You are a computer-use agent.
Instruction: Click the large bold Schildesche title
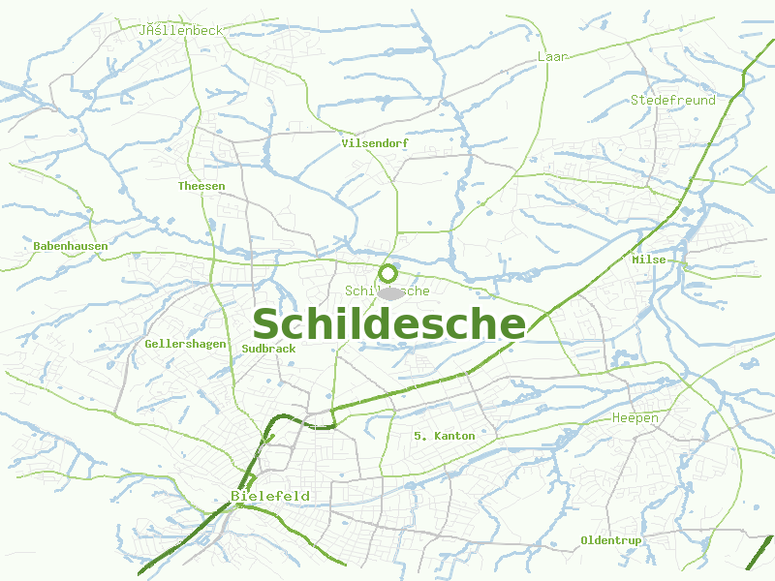[388, 324]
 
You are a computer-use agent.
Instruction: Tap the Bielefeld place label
[270, 496]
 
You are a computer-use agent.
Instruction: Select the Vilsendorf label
[375, 143]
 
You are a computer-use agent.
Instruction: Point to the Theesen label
[201, 186]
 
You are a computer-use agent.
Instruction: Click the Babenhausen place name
[71, 246]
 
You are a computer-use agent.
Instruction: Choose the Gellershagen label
[185, 344]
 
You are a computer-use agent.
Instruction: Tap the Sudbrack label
[269, 348]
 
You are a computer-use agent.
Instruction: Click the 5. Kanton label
[444, 436]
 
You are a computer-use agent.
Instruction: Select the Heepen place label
[635, 418]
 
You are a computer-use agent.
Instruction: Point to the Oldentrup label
[611, 539]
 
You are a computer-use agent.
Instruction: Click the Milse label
[649, 260]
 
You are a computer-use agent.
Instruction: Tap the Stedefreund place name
[673, 100]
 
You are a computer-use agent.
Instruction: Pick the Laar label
[552, 57]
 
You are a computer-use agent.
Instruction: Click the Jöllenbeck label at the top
[181, 30]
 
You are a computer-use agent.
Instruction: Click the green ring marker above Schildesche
[388, 273]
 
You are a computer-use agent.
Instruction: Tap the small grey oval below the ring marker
[390, 292]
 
